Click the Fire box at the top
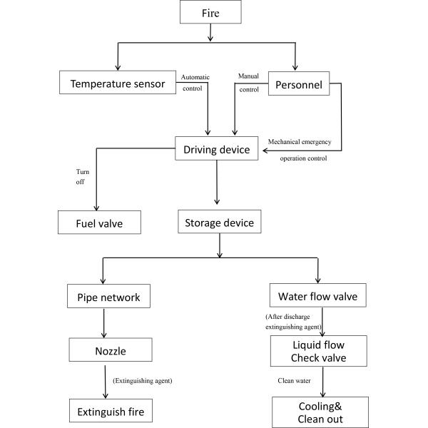coord(221,12)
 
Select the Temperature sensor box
coord(118,83)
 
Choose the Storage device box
coord(220,223)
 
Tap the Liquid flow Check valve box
coord(318,350)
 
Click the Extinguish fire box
coord(111,412)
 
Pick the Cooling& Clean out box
coord(320,412)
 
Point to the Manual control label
coord(248,83)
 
